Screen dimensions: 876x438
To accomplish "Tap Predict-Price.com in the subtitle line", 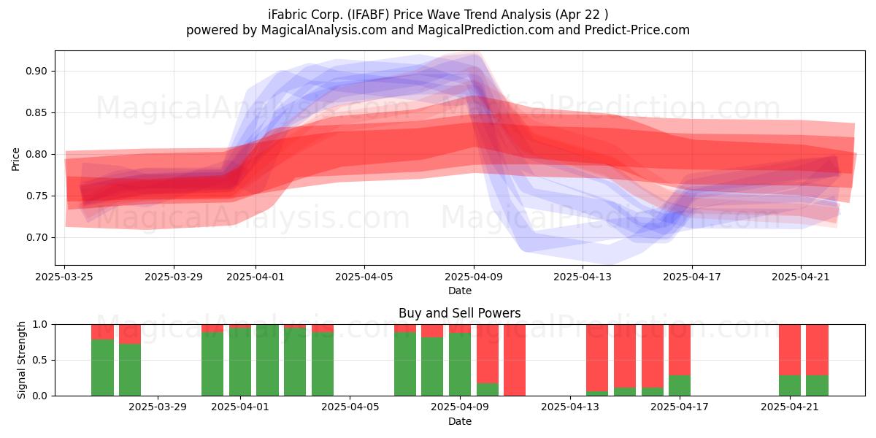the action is [637, 30].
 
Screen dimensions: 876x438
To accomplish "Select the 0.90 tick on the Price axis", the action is [36, 72].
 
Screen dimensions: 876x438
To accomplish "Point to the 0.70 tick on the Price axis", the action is [36, 237].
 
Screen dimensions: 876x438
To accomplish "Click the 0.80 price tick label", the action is [36, 154].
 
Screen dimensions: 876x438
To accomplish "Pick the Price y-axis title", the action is [15, 159].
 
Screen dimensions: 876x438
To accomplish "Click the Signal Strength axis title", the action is [21, 360].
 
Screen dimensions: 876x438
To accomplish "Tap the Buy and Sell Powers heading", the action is [459, 313].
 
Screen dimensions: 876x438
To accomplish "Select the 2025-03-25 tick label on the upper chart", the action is [64, 277].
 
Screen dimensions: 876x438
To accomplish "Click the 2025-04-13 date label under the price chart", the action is [583, 277].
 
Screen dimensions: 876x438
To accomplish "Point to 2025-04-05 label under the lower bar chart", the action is [350, 407].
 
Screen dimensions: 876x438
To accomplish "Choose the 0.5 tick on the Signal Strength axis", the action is [39, 360].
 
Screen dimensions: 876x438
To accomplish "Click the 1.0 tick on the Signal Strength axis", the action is [39, 324].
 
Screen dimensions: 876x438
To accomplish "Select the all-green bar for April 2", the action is [267, 360].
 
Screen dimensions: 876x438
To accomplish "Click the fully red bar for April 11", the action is [515, 360].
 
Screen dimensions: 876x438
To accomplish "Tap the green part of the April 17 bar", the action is [680, 385].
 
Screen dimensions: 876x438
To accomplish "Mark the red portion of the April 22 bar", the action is [818, 350].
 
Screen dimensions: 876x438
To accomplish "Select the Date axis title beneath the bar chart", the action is [459, 421].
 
